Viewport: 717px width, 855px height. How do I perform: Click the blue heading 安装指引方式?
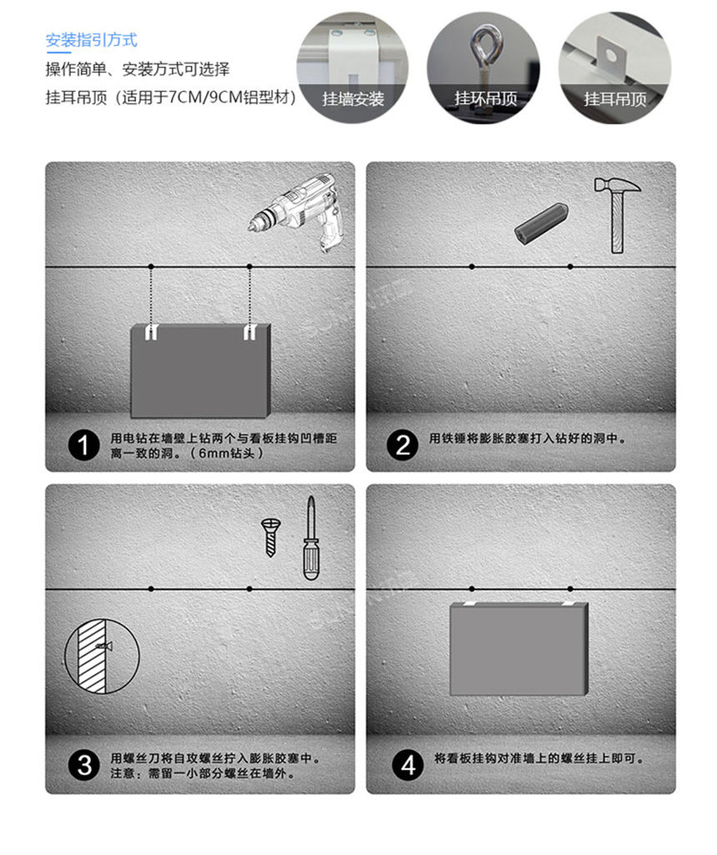coord(91,40)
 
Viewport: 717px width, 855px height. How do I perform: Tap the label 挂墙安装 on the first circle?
coord(353,99)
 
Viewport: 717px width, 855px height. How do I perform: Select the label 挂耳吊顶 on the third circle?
coord(615,99)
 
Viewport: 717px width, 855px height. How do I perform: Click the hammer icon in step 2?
coord(617,213)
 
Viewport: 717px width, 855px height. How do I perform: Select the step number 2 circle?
coord(403,446)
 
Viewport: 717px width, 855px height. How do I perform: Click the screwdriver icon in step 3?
coord(310,537)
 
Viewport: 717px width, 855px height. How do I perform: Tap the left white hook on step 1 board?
coord(151,333)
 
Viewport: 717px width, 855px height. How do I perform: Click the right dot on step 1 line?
coord(249,267)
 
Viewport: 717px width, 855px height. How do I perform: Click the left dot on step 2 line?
coord(472,267)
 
